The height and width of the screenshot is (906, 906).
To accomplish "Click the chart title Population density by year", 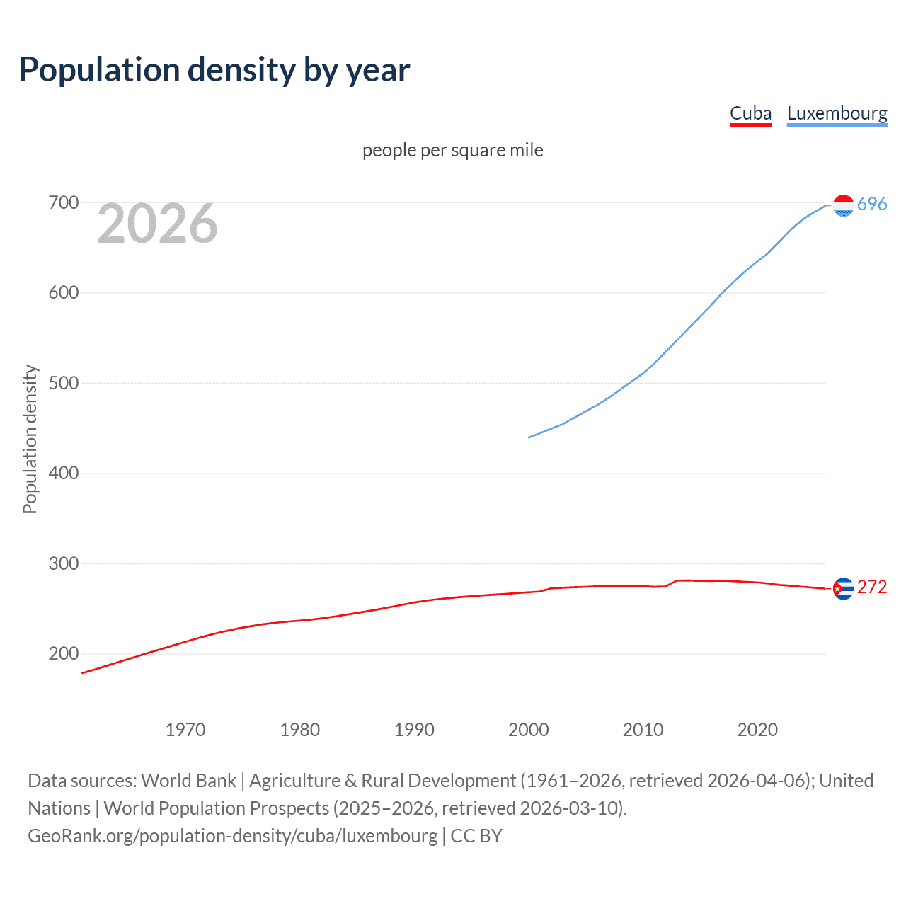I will coord(214,70).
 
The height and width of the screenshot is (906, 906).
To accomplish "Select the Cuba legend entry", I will coord(750,113).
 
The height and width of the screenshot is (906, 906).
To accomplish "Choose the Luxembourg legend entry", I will coord(837,113).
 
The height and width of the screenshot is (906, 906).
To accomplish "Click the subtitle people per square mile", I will coord(452,150).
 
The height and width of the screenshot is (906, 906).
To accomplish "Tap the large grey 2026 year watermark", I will coord(157,224).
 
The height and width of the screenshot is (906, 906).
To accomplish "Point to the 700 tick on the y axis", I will coord(64,203).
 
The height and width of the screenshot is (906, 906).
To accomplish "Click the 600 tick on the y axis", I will coord(64,293).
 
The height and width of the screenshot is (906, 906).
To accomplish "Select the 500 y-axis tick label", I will coord(64,383).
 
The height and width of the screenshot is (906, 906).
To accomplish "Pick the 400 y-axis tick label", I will coord(64,474).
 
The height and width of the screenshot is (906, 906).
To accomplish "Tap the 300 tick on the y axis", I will coord(64,564).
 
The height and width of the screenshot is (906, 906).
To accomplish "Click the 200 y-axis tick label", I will coord(64,654).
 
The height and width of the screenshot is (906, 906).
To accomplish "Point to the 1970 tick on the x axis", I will coord(185,730).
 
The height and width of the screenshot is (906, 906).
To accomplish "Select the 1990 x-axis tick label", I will coord(414,730).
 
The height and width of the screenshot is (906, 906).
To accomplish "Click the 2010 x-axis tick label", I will coord(643,730).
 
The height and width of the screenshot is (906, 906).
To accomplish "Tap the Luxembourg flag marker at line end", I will coord(843,205).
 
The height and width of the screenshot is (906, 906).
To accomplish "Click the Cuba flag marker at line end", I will coord(843,588).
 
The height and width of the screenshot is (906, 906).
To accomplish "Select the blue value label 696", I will coord(872,205).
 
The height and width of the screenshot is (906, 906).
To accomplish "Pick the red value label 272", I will coord(872,587).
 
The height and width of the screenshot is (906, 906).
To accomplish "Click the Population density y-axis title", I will coord(30,439).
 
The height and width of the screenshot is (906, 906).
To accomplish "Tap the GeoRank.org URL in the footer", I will coord(233,836).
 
